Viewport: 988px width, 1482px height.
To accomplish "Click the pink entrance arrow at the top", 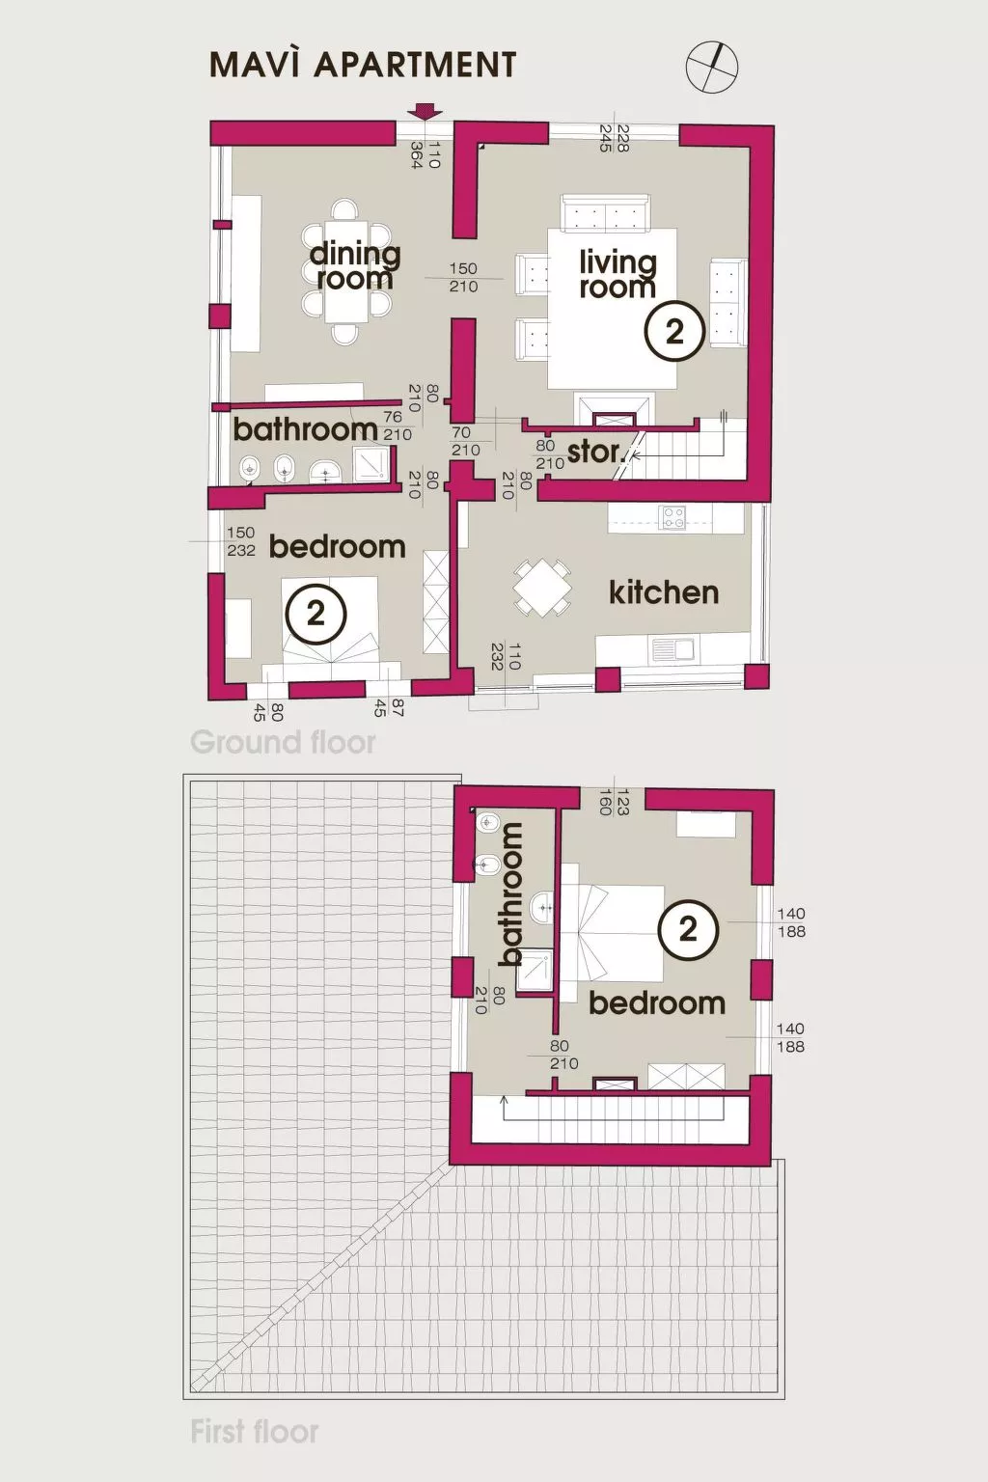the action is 425,112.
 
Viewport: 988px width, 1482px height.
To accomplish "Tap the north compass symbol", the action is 711,67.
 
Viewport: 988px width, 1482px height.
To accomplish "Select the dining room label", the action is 355,266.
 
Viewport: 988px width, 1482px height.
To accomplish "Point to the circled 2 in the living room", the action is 673,332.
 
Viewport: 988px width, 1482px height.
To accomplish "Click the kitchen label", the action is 664,592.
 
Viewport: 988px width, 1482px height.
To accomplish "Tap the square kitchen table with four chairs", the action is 542,589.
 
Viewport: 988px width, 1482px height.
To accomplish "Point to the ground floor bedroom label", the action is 337,546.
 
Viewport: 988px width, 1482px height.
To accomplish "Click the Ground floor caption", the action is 283,742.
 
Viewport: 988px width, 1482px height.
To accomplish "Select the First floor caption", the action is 255,1432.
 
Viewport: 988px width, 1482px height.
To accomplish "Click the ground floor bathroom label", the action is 305,430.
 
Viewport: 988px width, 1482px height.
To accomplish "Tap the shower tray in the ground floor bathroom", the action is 372,463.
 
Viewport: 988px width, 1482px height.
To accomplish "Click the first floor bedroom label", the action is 657,1003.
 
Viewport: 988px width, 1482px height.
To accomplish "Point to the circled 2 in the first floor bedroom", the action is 688,929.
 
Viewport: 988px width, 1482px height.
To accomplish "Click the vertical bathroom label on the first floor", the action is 510,894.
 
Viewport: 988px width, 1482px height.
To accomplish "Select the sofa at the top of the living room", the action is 604,213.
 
